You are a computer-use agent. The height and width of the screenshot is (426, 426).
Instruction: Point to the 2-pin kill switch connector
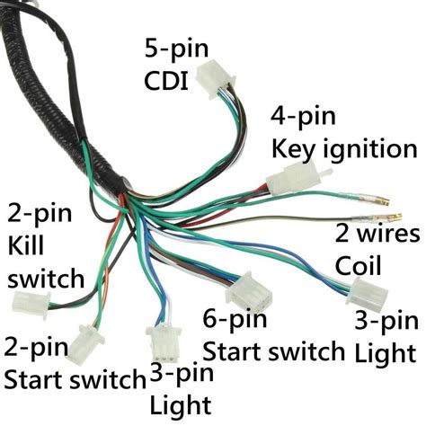pos(27,304)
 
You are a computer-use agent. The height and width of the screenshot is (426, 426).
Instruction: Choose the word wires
pos(390,235)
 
